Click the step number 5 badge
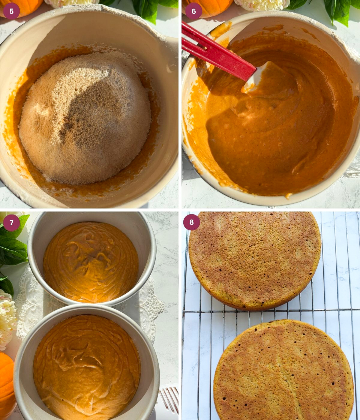point(11,11)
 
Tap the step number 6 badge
point(193,11)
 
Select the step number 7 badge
point(11,223)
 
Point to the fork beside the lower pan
point(170,399)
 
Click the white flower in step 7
point(7,318)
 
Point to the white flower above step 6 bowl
point(261,5)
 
